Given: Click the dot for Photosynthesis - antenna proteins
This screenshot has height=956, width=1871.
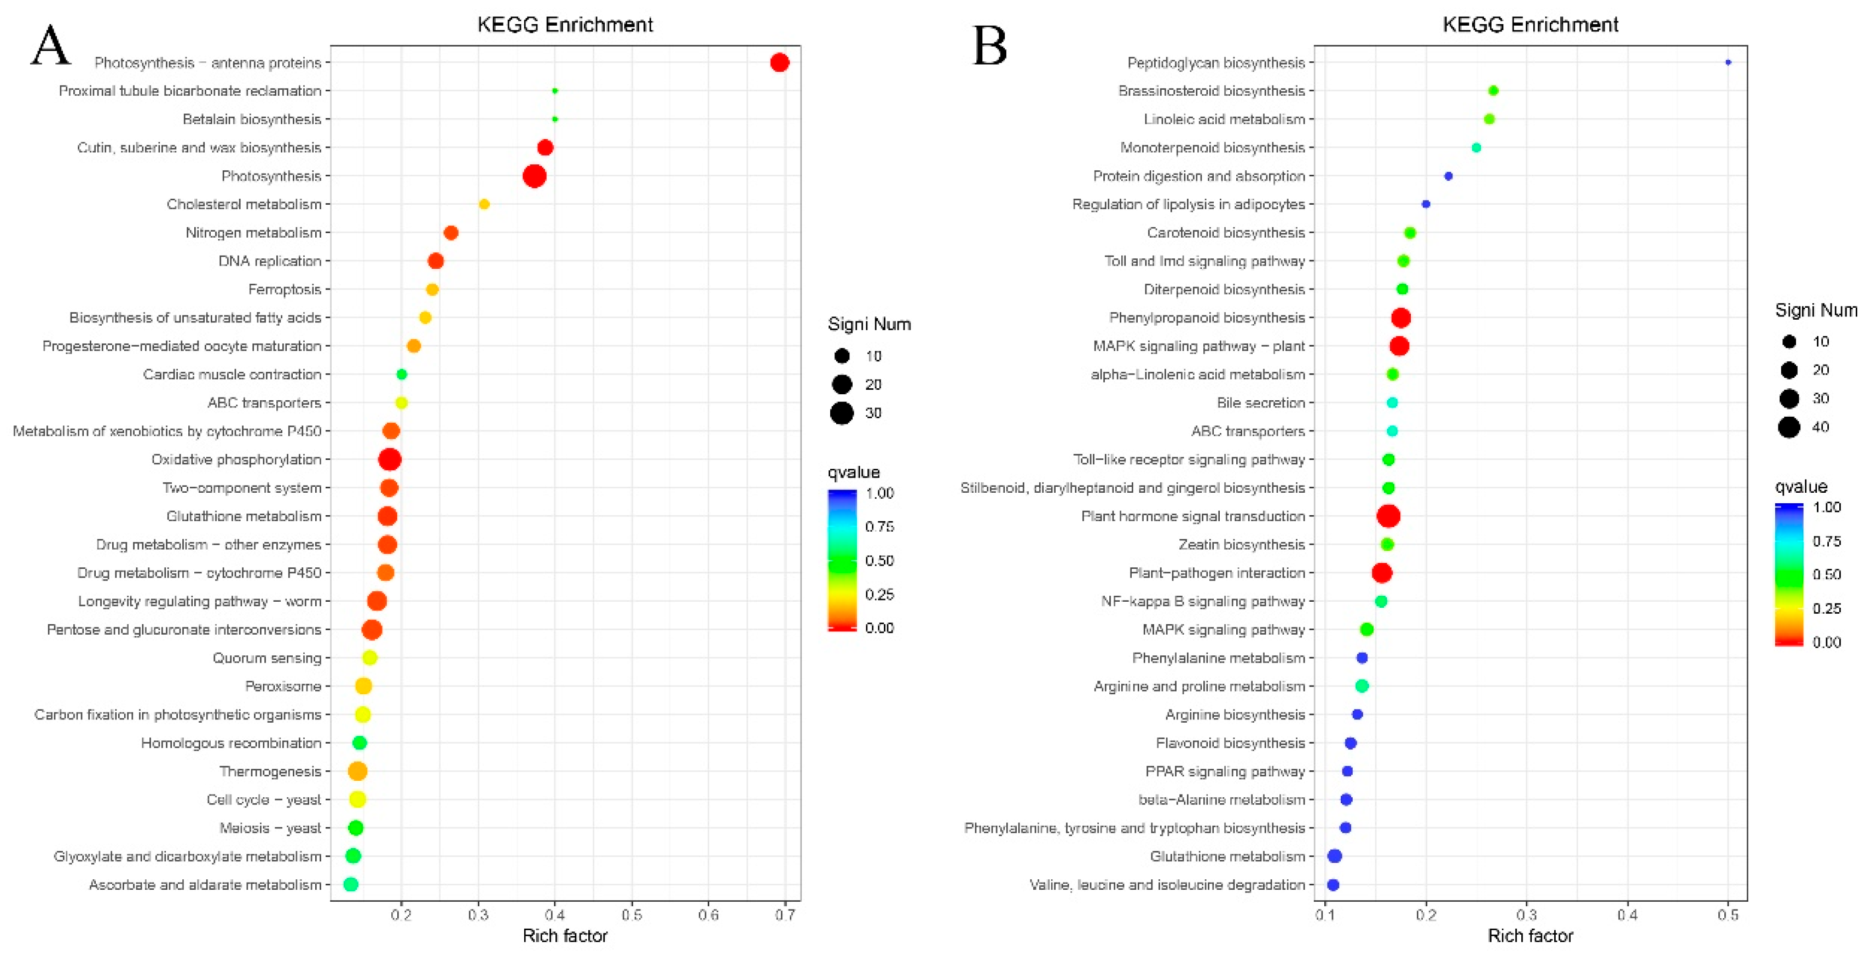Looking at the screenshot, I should pyautogui.click(x=779, y=62).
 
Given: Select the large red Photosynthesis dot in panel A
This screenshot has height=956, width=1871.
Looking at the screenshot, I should pyautogui.click(x=534, y=176).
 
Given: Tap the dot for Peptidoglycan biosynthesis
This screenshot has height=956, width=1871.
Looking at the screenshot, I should pyautogui.click(x=1728, y=62).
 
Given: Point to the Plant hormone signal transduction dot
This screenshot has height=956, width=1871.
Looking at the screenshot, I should pyautogui.click(x=1388, y=516).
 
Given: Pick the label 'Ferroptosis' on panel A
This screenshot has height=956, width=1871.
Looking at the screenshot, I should pyautogui.click(x=284, y=289).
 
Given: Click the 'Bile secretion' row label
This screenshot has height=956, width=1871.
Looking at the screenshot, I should pyautogui.click(x=1260, y=402).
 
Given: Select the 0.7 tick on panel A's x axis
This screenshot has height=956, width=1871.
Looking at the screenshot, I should pyautogui.click(x=785, y=914).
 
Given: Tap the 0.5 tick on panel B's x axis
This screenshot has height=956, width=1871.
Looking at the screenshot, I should pyautogui.click(x=1728, y=914).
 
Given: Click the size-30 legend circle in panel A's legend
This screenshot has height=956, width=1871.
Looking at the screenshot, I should pyautogui.click(x=842, y=413).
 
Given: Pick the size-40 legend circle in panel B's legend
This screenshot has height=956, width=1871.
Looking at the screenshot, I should pyautogui.click(x=1789, y=427).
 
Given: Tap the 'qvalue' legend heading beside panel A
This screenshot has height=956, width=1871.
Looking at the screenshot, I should pyautogui.click(x=854, y=472).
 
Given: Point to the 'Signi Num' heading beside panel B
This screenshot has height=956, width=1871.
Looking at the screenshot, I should pyautogui.click(x=1816, y=310).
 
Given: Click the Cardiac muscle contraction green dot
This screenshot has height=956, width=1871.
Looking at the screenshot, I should pyautogui.click(x=402, y=374).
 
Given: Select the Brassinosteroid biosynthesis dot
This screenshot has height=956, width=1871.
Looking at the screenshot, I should pyautogui.click(x=1493, y=91).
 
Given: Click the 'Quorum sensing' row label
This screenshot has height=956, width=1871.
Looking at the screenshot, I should pyautogui.click(x=267, y=658).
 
